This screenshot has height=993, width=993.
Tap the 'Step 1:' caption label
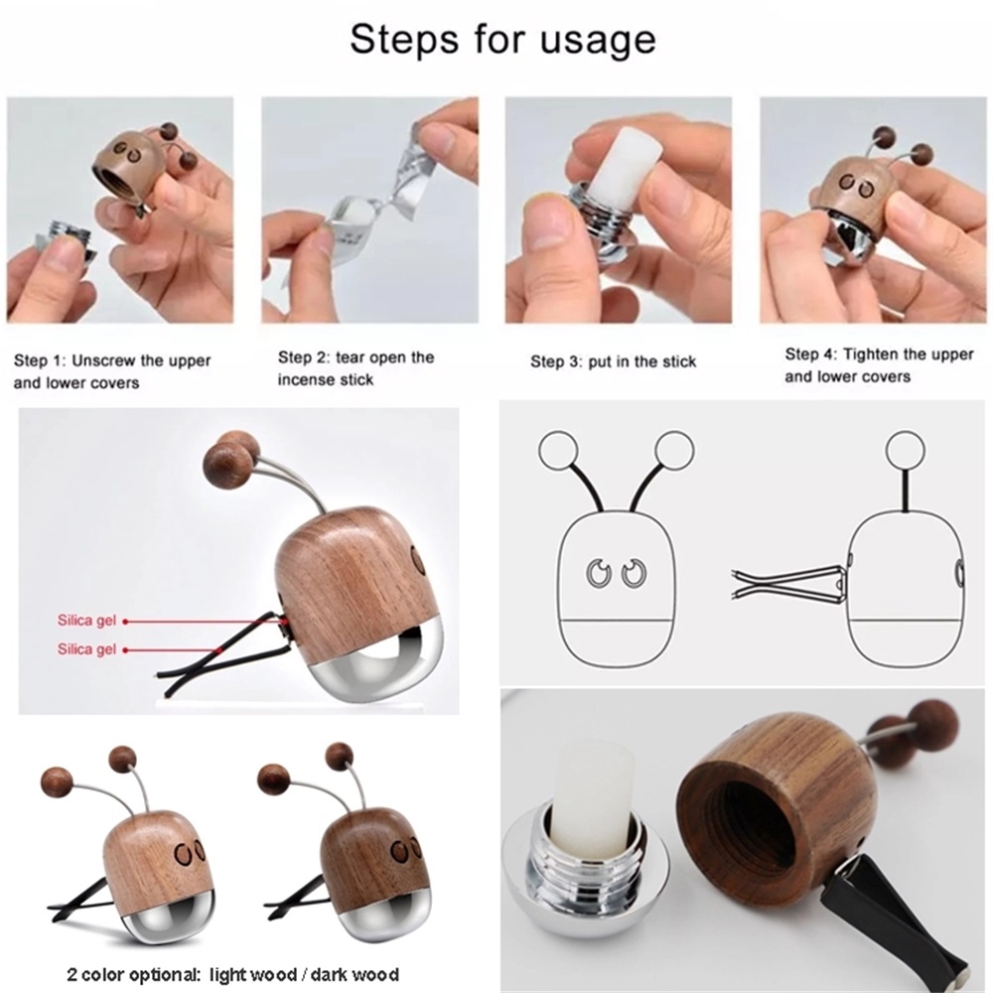pos(40,361)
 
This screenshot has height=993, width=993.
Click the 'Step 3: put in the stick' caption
pos(613,361)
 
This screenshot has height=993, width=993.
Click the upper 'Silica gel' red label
pos(86,621)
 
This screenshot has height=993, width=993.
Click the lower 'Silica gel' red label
pos(86,649)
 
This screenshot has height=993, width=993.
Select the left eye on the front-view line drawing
pos(597,573)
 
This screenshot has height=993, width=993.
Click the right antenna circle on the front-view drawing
pos(674,452)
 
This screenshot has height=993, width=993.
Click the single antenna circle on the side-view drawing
pos(906,450)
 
